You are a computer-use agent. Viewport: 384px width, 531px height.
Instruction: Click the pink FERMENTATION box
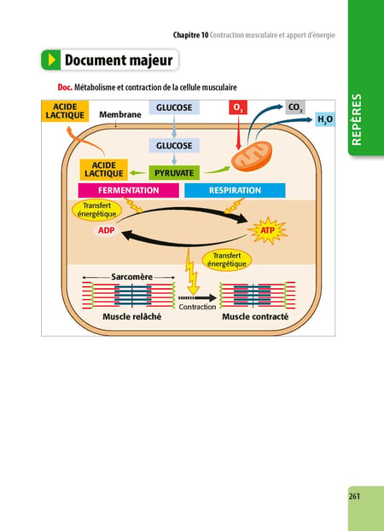click(129, 190)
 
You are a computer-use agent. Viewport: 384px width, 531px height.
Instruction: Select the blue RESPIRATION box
click(235, 190)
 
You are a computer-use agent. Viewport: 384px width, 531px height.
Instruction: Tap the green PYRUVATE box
click(174, 173)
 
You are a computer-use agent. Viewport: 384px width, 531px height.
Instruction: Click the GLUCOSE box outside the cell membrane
click(174, 107)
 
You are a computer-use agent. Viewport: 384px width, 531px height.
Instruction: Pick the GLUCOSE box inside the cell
click(174, 146)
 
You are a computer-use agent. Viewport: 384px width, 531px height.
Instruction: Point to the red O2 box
click(238, 107)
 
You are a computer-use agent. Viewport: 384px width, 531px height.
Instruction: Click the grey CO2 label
click(295, 107)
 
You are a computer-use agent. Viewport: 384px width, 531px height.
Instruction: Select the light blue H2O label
click(325, 119)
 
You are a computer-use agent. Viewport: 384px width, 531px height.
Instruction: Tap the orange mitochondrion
click(252, 157)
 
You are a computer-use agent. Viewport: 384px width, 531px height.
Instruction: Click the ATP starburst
click(268, 231)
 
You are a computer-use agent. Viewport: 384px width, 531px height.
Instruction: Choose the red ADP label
click(106, 231)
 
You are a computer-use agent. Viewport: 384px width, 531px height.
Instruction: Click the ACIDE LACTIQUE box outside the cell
click(65, 111)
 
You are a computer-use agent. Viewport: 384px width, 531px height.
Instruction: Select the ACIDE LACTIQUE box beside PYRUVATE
click(104, 170)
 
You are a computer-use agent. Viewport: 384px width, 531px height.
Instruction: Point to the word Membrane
click(120, 115)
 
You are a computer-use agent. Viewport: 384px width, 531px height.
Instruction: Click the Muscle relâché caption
click(132, 316)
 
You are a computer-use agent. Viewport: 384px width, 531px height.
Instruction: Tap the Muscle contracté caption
click(255, 316)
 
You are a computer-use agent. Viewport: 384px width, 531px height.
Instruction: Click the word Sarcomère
click(132, 277)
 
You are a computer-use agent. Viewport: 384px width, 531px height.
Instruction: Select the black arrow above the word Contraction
click(197, 298)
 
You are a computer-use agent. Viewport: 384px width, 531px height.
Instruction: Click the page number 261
click(354, 496)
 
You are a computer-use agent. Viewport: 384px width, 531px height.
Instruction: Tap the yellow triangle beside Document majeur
click(52, 60)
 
